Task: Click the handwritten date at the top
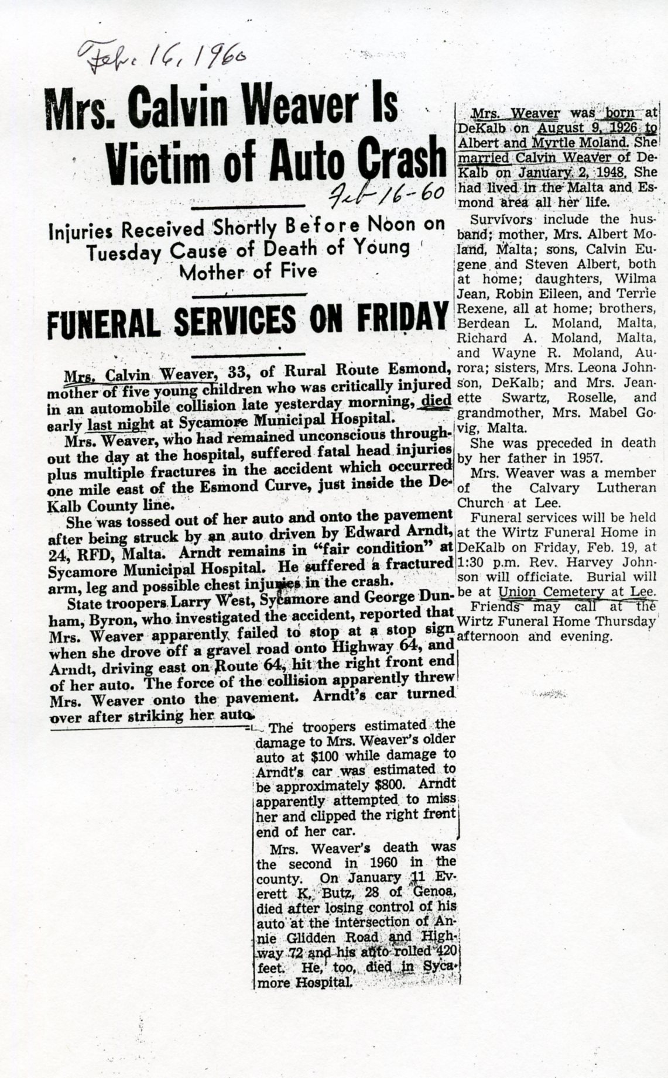pyautogui.click(x=160, y=57)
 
